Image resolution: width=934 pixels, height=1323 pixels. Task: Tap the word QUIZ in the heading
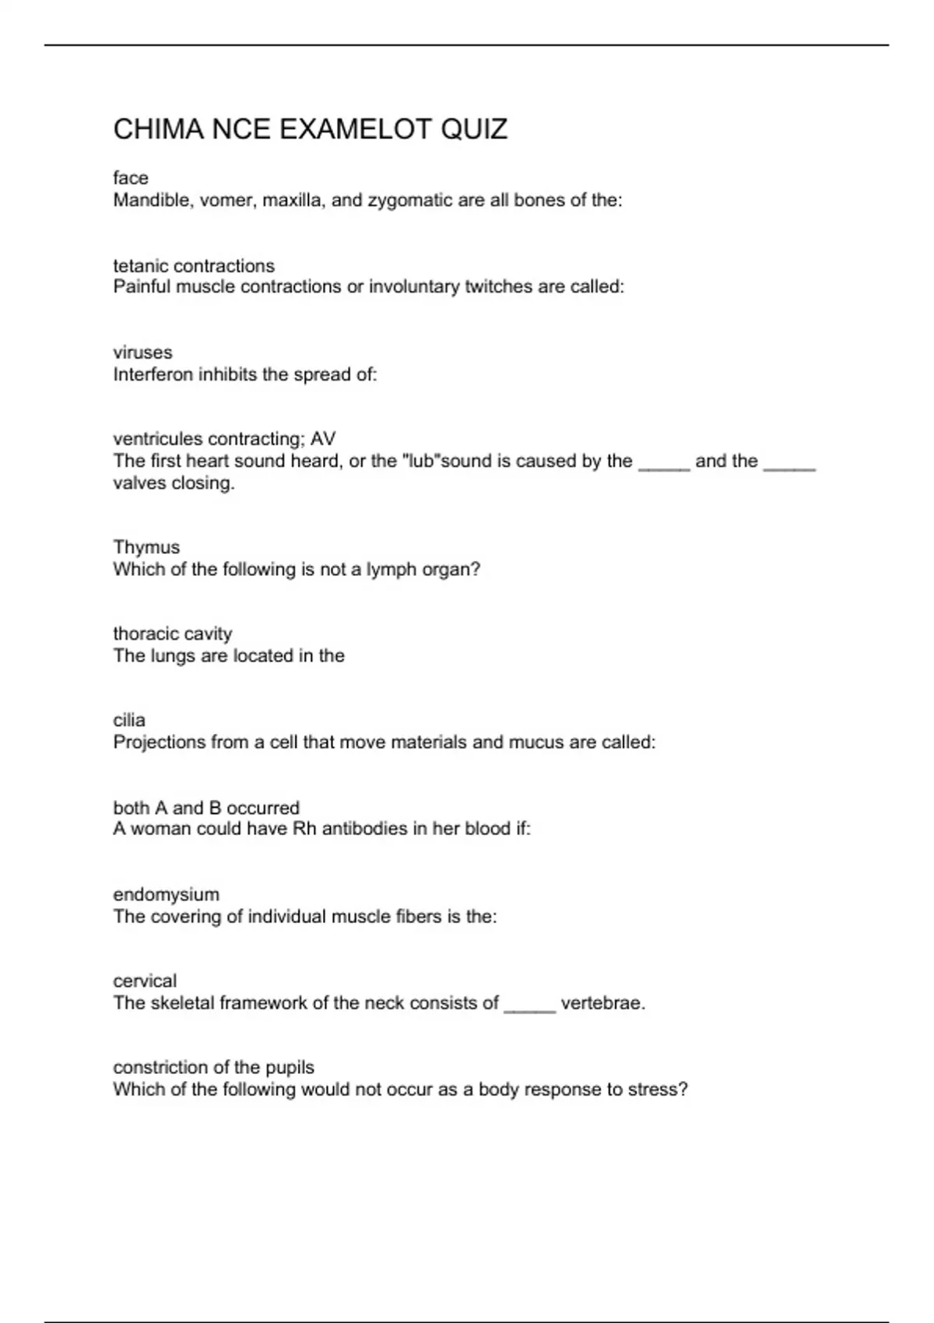pos(474,129)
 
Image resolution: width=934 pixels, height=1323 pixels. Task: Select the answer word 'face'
pos(130,178)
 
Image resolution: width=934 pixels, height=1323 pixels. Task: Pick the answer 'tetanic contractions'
pos(194,265)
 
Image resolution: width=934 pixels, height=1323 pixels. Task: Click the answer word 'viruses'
pos(142,353)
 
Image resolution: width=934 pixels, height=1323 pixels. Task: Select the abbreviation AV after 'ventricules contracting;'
pos(323,439)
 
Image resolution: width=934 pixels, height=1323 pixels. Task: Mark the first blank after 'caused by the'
pos(664,465)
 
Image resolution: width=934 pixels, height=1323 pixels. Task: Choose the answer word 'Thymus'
pos(146,547)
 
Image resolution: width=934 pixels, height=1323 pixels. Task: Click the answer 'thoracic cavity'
pos(173,633)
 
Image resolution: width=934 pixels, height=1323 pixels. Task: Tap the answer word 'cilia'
pos(129,720)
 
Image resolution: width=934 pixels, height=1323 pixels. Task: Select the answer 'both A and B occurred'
pos(206,807)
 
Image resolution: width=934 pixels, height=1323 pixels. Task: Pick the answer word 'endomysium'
pos(166,894)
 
